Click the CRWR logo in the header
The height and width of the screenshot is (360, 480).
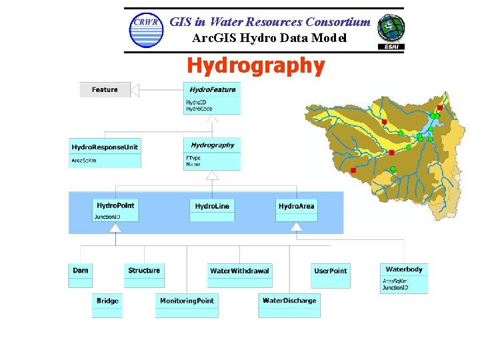(x=146, y=30)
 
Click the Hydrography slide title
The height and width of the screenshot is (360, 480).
(x=256, y=65)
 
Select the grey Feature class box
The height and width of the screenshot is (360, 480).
(x=105, y=89)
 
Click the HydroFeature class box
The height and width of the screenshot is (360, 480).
(x=212, y=97)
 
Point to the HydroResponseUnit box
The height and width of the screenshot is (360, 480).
(x=105, y=152)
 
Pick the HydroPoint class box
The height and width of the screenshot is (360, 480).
(x=115, y=210)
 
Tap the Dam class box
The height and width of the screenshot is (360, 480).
(x=80, y=275)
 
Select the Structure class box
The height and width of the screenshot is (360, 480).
(x=144, y=275)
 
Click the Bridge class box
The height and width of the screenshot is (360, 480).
(x=107, y=305)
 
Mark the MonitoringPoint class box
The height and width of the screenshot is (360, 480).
(x=187, y=305)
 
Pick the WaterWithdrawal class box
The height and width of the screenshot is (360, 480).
(x=239, y=275)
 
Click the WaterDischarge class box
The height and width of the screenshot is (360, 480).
(x=289, y=305)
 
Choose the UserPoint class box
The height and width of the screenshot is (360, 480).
(x=330, y=275)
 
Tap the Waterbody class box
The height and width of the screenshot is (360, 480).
(x=404, y=278)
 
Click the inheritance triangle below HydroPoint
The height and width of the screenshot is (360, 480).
(x=115, y=228)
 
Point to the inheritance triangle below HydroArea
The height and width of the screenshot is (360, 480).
(x=296, y=227)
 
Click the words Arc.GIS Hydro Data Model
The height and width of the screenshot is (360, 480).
(x=269, y=38)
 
